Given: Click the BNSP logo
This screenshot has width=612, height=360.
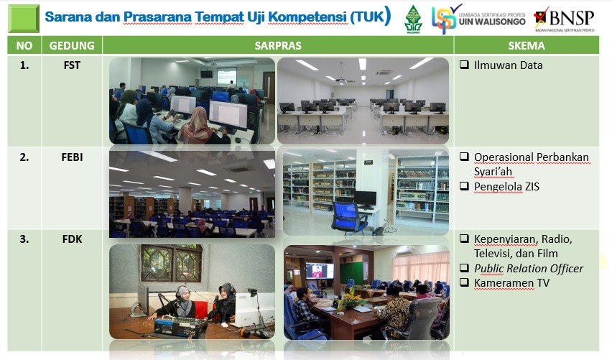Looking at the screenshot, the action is (x=565, y=19).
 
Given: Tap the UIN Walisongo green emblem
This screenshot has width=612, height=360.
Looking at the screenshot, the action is (x=413, y=19).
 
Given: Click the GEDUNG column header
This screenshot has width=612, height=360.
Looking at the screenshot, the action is (x=72, y=45).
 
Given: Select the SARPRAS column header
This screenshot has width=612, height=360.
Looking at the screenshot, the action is (x=278, y=45).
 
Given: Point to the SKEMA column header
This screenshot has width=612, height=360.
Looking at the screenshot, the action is (x=526, y=45).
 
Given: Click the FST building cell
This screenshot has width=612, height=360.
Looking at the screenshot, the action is (x=72, y=65).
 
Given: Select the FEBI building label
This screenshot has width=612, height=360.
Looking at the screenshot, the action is (x=72, y=157).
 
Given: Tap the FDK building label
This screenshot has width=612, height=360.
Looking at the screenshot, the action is (x=72, y=239).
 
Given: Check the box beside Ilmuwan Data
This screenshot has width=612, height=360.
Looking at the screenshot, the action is (x=464, y=65).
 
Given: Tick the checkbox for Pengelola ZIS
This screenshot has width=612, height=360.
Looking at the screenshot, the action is (x=464, y=186).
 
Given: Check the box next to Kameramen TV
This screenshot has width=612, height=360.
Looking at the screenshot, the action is (x=464, y=282).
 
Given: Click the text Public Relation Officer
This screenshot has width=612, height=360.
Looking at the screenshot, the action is (x=529, y=268).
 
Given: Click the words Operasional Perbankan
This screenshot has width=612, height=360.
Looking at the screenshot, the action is (x=532, y=157).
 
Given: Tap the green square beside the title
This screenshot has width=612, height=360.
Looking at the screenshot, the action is (x=24, y=19).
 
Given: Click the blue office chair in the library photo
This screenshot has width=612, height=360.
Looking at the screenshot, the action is (x=349, y=218).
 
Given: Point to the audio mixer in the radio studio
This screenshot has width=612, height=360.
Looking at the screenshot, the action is (x=180, y=326).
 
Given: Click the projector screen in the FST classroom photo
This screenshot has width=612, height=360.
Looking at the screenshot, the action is (x=227, y=77).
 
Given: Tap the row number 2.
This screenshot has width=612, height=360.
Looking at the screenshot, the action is (x=24, y=157).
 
